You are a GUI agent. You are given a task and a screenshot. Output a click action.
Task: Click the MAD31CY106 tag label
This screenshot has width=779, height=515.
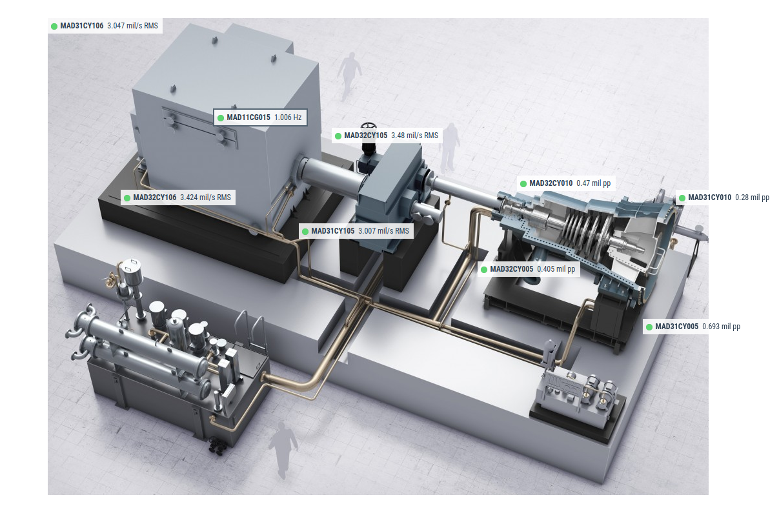pyautogui.click(x=82, y=26)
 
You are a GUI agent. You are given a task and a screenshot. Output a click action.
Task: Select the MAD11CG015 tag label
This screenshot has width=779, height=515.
pyautogui.click(x=248, y=117)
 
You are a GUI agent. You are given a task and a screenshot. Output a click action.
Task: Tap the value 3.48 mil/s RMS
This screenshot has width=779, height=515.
pyautogui.click(x=415, y=136)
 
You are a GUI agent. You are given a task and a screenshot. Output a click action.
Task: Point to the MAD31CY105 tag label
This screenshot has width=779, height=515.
pyautogui.click(x=333, y=231)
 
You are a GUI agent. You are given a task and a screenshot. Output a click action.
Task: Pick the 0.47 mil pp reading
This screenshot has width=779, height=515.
pyautogui.click(x=593, y=183)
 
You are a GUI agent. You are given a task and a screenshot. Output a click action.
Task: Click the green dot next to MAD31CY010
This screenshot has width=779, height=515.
pyautogui.click(x=682, y=197)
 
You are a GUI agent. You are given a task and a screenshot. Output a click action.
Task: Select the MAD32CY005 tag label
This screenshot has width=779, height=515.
pyautogui.click(x=511, y=269)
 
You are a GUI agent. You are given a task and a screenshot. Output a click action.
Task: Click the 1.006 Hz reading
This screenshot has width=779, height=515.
pyautogui.click(x=288, y=117)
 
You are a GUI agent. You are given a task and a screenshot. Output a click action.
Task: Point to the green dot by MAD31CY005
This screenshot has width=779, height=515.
pyautogui.click(x=649, y=327)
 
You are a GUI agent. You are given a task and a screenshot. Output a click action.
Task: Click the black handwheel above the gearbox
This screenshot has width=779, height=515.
pyautogui.click(x=369, y=127)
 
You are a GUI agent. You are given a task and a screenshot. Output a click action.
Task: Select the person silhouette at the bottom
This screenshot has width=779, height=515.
pyautogui.click(x=283, y=449)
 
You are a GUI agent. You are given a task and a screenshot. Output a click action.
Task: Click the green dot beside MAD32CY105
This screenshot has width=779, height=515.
pyautogui.click(x=338, y=136)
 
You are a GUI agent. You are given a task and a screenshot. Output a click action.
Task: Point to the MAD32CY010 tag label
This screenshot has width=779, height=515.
pyautogui.click(x=551, y=183)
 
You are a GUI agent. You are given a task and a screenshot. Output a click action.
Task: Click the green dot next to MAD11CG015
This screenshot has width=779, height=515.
pyautogui.click(x=220, y=118)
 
